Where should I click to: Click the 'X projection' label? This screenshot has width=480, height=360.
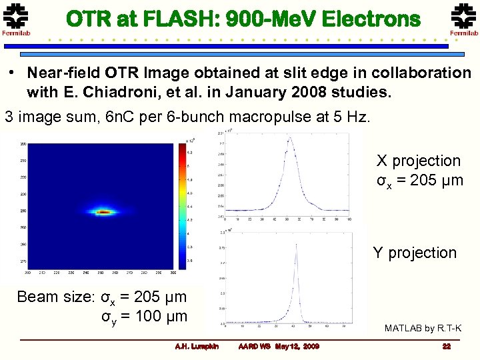tap(418, 161)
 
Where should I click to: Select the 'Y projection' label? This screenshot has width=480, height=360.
tap(414, 253)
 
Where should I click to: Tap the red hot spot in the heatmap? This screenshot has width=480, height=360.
tap(104, 213)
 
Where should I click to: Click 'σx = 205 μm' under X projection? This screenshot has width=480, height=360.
tap(419, 180)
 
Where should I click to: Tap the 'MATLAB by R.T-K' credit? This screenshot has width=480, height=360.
tap(423, 328)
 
